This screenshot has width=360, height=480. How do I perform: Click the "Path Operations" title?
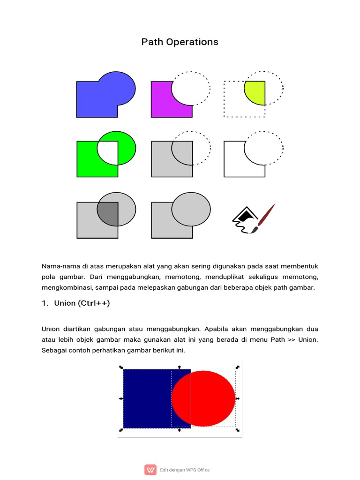point(180,42)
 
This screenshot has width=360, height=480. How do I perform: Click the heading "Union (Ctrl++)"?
point(82,303)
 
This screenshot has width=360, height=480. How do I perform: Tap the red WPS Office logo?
point(150,470)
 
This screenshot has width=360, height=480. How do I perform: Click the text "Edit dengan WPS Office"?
point(185,470)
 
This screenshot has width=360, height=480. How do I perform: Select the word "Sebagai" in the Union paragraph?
point(54,350)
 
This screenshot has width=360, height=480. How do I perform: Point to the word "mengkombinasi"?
point(64,287)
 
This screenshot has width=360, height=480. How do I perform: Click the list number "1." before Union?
point(45,303)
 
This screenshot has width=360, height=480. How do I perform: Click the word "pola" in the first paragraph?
point(49,277)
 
